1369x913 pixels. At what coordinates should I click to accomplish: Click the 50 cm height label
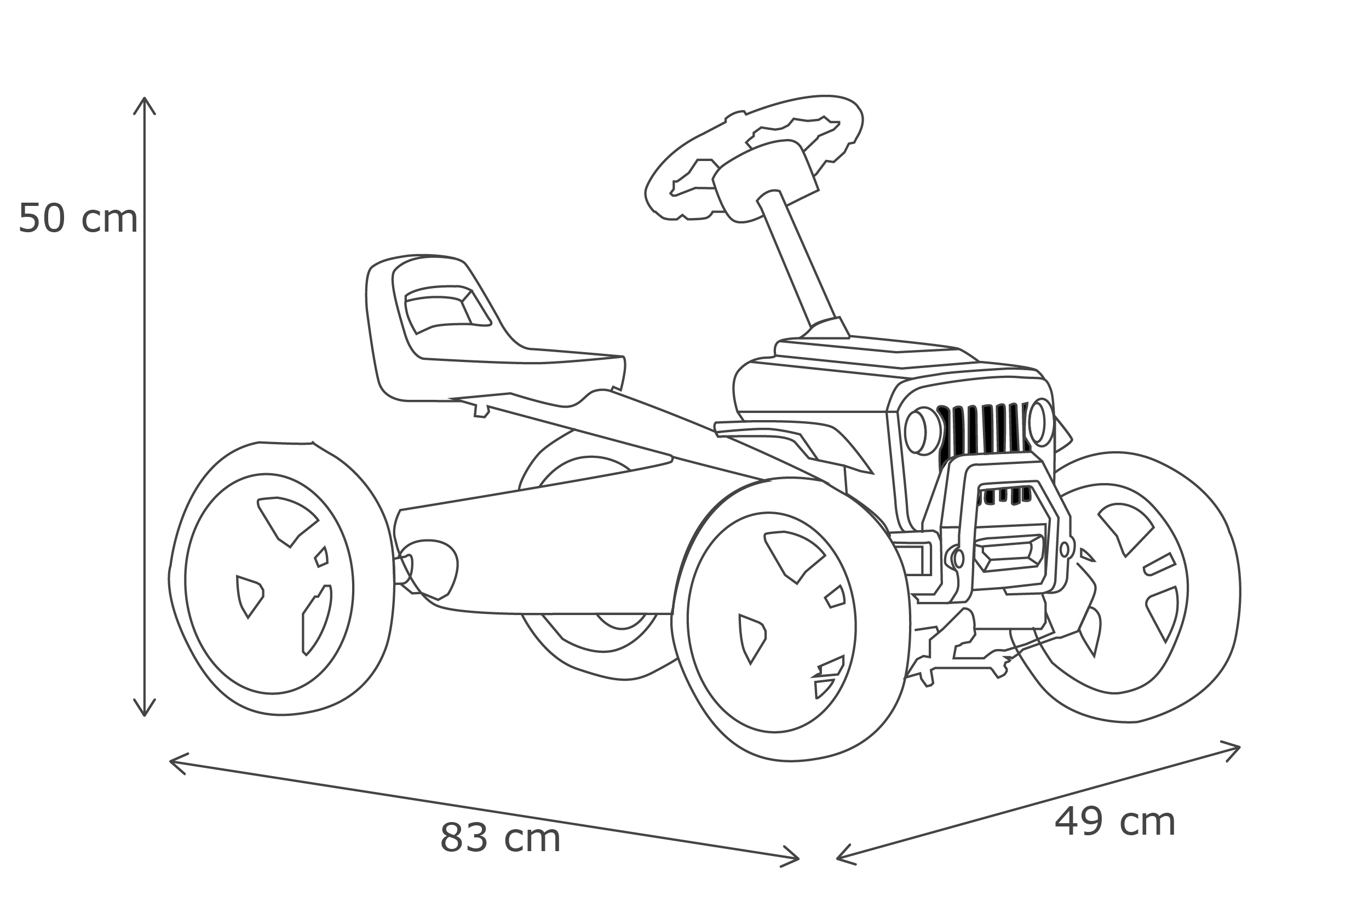(78, 219)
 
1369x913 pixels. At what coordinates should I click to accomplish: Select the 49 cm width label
(1115, 822)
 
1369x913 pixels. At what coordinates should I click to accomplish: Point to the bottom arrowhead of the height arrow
(145, 716)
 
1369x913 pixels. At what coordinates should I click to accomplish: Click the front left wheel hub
(771, 622)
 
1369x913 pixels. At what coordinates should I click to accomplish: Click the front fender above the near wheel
(795, 449)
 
